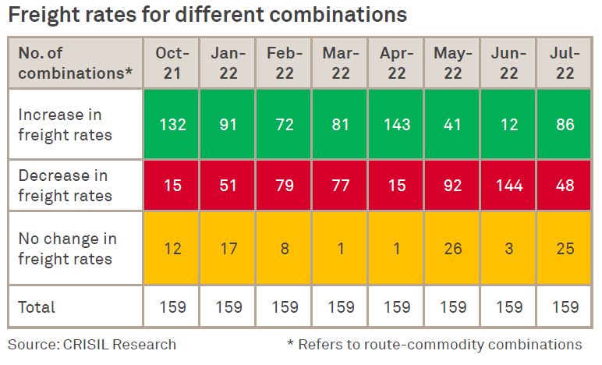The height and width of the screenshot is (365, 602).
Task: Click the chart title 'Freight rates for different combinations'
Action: [207, 15]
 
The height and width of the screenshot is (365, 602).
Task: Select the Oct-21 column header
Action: [172, 63]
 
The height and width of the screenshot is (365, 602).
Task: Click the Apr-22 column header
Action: [397, 63]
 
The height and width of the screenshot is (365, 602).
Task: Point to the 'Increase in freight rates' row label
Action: [66, 124]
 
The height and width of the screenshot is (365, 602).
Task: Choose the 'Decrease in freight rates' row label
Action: [66, 186]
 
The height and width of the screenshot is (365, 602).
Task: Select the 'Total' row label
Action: [37, 307]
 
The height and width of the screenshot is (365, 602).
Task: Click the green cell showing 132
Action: [172, 124]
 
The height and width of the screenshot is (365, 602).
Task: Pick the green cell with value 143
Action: [397, 124]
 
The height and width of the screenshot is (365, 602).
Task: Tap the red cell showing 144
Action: [509, 186]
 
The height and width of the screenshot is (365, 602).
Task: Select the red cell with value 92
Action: [453, 186]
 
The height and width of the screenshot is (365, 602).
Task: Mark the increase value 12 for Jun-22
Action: [509, 124]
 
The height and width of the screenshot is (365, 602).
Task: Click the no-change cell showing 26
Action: [453, 249]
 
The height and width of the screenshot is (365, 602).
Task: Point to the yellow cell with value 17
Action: [228, 249]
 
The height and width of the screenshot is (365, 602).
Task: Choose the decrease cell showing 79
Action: [285, 186]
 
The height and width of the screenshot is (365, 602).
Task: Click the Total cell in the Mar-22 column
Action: [341, 307]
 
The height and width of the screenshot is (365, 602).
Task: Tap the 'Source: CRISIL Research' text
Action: [92, 344]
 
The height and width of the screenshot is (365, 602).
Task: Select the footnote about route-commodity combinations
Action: [434, 344]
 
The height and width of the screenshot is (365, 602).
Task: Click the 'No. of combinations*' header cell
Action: [75, 63]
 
